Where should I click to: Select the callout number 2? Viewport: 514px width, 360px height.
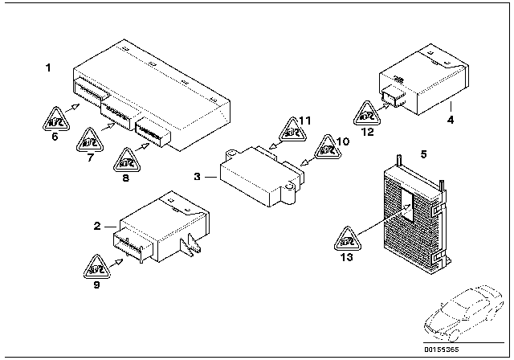pyautogui.click(x=97, y=227)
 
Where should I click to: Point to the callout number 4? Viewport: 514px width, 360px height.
pyautogui.click(x=451, y=120)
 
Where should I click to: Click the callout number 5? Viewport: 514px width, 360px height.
pyautogui.click(x=424, y=150)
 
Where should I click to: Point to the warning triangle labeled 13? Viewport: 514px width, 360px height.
pyautogui.click(x=346, y=239)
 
